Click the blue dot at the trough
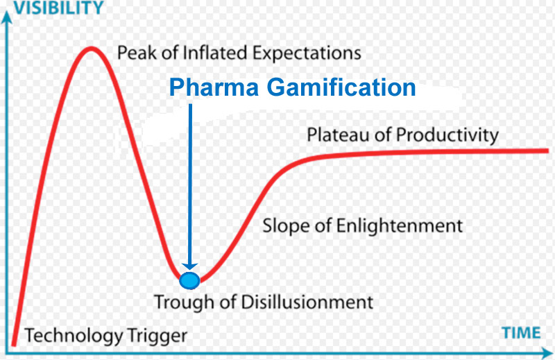(189, 280)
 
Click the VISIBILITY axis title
(54, 8)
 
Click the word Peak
(135, 53)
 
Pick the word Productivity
(447, 135)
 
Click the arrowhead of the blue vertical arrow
(189, 266)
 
